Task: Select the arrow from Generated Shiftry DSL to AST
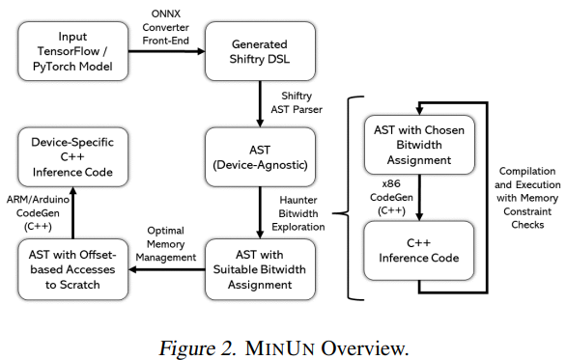pyautogui.click(x=258, y=102)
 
